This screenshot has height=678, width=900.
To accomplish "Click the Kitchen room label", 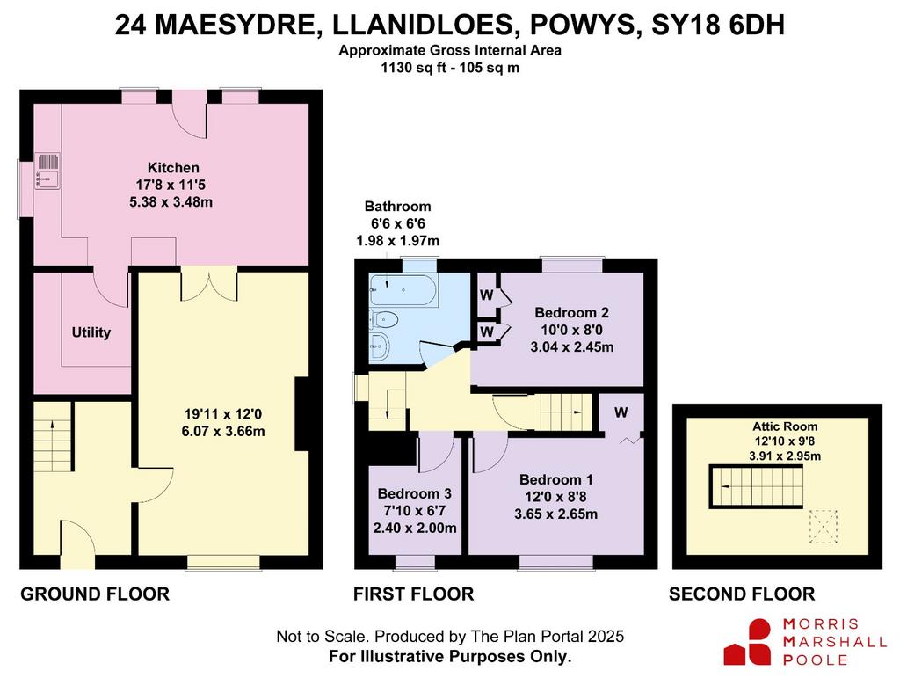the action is pyautogui.click(x=173, y=168).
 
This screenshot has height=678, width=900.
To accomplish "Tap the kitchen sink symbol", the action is pyautogui.click(x=47, y=171).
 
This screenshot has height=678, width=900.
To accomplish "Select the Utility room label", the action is pyautogui.click(x=91, y=332).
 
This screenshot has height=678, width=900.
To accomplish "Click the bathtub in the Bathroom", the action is pyautogui.click(x=403, y=289).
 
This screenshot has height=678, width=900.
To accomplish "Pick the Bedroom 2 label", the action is pyautogui.click(x=571, y=313).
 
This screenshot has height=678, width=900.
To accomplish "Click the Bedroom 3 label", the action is pyautogui.click(x=415, y=493).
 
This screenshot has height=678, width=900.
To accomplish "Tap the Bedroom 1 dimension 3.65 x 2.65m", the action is pyautogui.click(x=555, y=514).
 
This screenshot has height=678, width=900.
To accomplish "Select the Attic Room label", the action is pyautogui.click(x=785, y=426).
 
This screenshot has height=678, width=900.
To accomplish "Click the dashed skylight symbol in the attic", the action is pyautogui.click(x=823, y=527).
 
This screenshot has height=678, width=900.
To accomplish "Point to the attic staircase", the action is pyautogui.click(x=756, y=487).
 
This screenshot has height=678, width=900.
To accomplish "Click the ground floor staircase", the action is pyautogui.click(x=52, y=437).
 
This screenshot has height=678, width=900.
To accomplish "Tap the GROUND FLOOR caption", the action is pyautogui.click(x=95, y=594).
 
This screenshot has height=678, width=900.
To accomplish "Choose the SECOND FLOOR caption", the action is pyautogui.click(x=742, y=594).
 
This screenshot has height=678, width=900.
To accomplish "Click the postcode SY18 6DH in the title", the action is pyautogui.click(x=718, y=26).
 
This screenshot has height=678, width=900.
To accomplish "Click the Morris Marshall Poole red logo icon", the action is pyautogui.click(x=747, y=643).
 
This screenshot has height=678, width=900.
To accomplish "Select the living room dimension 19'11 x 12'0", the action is pyautogui.click(x=223, y=414).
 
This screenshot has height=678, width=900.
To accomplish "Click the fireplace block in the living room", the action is pyautogui.click(x=302, y=413).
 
